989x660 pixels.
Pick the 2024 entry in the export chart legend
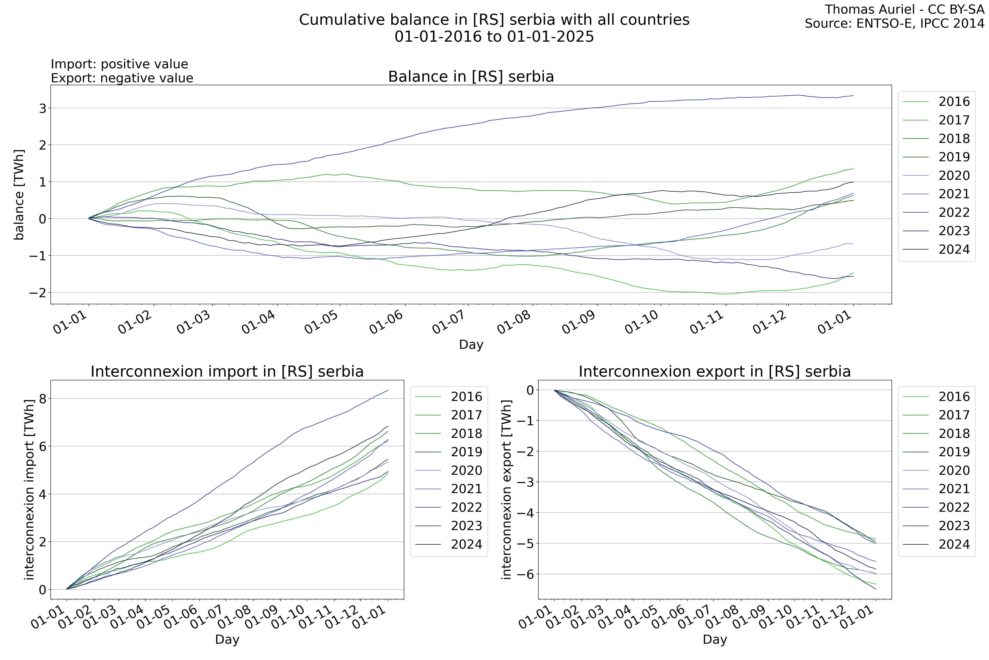954,544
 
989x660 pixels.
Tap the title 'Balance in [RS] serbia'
471,77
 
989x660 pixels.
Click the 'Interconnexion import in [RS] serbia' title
227,372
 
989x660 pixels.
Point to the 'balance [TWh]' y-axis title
19,194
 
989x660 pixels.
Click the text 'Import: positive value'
120,64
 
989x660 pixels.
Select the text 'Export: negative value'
122,78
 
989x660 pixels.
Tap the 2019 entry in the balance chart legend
954,157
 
